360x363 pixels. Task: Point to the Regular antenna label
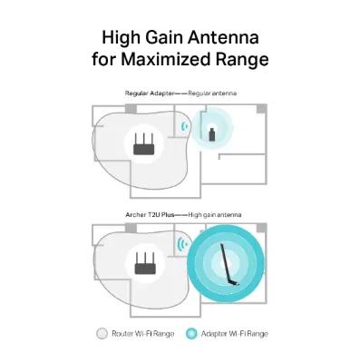(209, 93)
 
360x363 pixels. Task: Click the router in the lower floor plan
(142, 264)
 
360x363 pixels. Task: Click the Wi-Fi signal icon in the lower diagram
(181, 245)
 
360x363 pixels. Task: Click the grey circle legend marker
(102, 334)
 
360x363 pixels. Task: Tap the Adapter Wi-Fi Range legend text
(232, 334)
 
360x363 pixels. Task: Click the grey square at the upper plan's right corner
(263, 109)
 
